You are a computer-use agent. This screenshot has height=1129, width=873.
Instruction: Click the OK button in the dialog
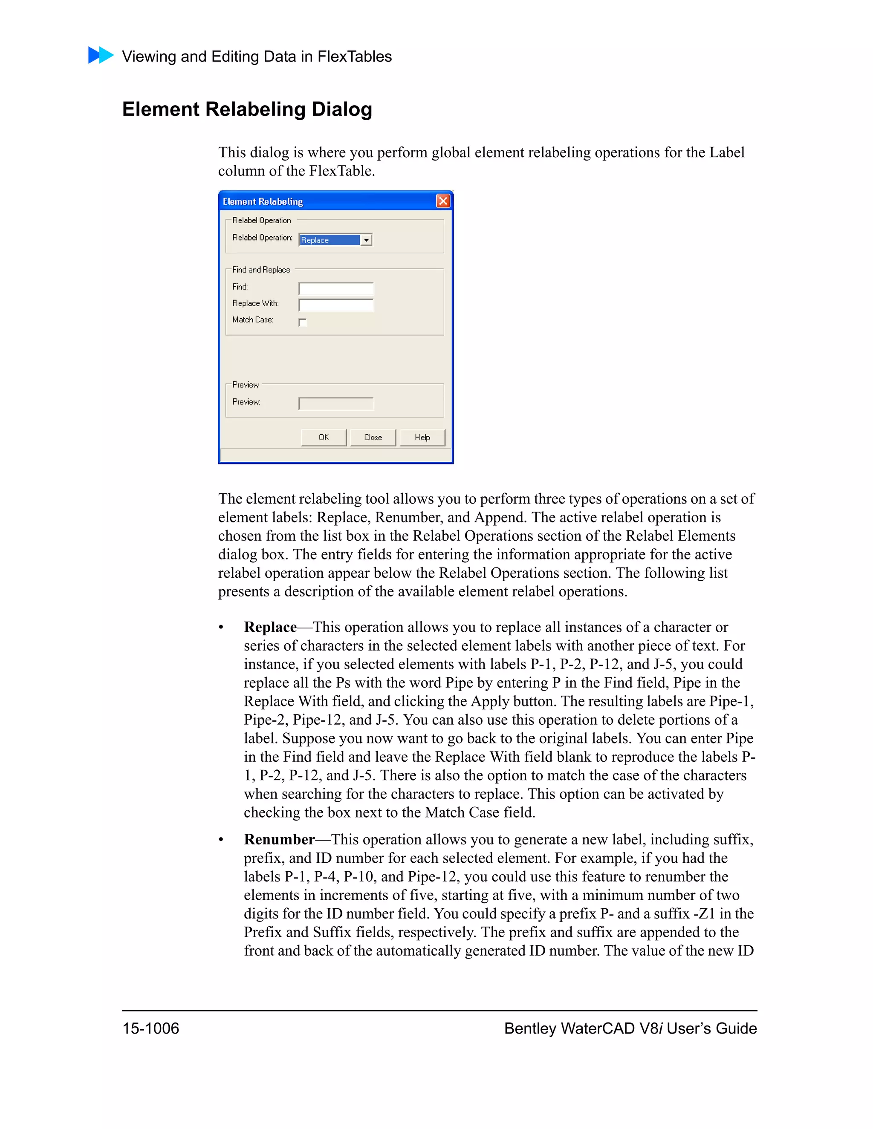(324, 438)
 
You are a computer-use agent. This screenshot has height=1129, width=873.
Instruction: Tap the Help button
(422, 438)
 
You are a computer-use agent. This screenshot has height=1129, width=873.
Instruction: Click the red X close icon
(443, 201)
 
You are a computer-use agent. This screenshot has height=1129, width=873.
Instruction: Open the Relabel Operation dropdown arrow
(366, 240)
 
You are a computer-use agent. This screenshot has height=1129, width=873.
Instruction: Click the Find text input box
(336, 288)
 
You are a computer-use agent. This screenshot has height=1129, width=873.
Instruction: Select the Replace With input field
(336, 305)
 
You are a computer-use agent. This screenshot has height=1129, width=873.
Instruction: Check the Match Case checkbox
(303, 323)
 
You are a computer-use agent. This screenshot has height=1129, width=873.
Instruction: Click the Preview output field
(336, 403)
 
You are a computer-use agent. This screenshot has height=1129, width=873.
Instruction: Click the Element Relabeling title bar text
(263, 202)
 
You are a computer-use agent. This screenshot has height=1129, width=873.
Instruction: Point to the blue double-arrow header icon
(101, 55)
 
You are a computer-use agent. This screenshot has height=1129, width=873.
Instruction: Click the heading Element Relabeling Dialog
(247, 109)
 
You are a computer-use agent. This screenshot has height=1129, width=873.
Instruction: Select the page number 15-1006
(150, 1028)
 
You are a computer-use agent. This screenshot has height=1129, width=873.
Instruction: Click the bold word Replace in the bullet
(270, 627)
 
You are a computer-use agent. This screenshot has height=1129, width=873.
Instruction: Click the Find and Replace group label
(261, 270)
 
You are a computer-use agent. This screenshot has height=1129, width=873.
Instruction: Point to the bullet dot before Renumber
(221, 840)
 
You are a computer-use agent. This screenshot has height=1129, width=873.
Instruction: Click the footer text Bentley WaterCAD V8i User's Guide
(630, 1028)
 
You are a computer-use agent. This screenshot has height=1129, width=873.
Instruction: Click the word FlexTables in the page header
(354, 56)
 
